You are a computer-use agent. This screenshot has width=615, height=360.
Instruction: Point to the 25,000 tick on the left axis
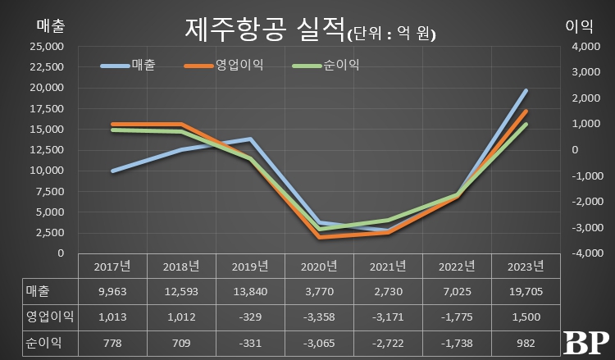point(47,47)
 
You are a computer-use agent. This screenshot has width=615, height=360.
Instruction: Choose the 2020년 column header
point(319,267)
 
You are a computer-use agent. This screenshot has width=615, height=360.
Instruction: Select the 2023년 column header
point(526,267)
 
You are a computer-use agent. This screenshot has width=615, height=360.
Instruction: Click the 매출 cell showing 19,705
point(526,290)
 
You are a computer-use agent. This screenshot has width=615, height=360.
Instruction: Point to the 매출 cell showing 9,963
point(112,290)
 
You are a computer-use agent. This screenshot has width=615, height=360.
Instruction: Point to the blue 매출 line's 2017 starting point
point(112,171)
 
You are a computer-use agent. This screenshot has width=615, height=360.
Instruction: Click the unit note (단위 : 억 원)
point(392,34)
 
